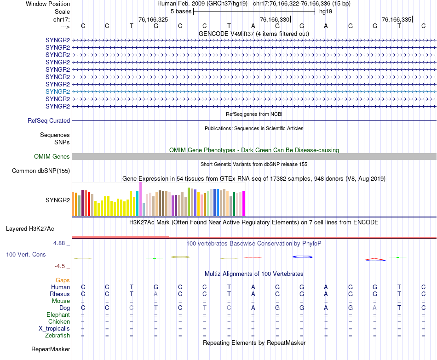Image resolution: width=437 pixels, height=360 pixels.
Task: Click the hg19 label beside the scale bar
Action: [326, 11]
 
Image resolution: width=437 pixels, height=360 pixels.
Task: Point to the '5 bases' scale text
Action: [180, 11]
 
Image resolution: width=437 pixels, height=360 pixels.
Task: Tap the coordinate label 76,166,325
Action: [153, 20]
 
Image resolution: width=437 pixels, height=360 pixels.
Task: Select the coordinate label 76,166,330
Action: [275, 20]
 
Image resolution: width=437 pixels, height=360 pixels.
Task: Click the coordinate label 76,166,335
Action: [397, 20]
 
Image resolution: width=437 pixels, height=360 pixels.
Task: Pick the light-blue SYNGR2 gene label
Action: [57, 91]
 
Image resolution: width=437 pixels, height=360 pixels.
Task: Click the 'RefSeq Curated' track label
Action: [49, 120]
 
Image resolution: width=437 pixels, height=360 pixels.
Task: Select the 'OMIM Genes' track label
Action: [52, 157]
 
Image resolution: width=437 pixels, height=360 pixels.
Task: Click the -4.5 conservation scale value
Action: [60, 266]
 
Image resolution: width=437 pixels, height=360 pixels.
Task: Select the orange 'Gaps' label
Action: [63, 280]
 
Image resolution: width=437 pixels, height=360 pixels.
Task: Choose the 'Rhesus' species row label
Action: [60, 294]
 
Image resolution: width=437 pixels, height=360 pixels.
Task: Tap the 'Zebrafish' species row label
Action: [57, 336]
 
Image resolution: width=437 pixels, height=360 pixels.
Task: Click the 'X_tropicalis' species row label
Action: [54, 329]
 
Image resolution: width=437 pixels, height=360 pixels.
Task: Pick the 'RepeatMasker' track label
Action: [51, 349]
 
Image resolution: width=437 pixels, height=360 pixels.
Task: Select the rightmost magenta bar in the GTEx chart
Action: [243, 204]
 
